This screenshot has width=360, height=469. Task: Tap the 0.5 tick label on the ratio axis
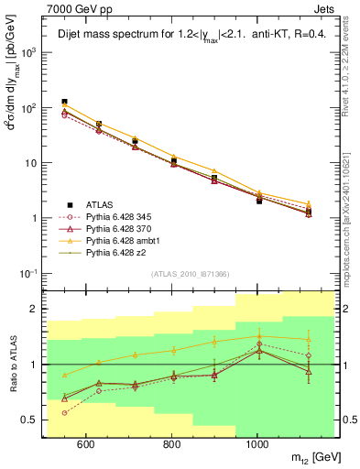click(29, 420)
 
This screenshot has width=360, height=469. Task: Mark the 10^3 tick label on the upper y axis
click(27, 53)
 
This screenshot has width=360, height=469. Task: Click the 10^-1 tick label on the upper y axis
click(27, 273)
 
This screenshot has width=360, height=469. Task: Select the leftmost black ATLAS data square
click(64, 102)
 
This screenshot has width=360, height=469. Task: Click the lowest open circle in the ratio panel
click(64, 413)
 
